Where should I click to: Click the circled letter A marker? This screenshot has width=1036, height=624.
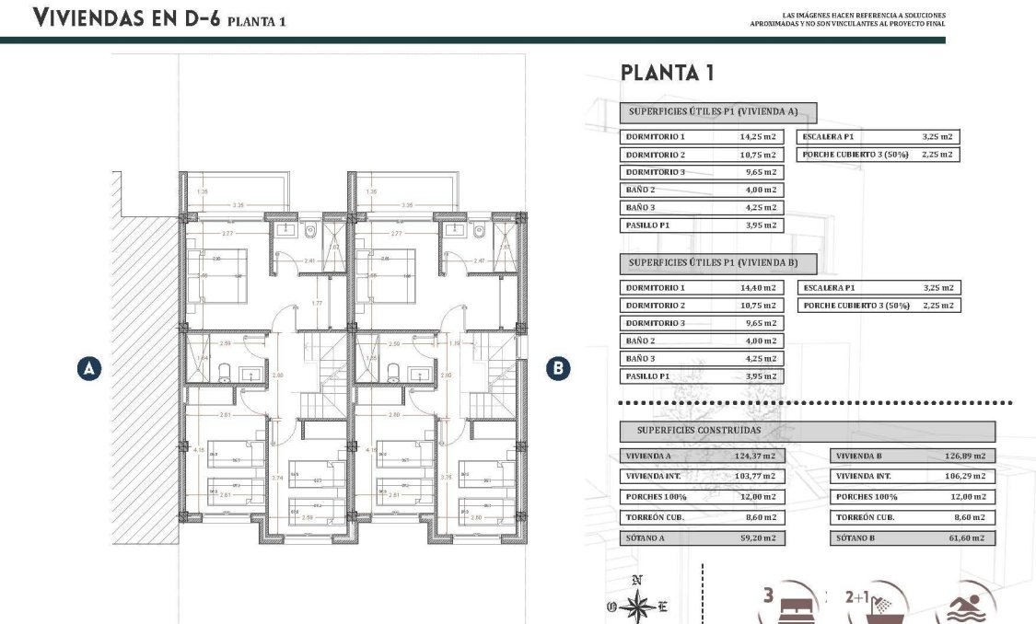[88, 369]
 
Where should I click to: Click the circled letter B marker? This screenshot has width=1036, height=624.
[557, 369]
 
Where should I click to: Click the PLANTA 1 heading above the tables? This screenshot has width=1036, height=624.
[668, 73]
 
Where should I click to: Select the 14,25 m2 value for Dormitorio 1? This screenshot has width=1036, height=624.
[758, 136]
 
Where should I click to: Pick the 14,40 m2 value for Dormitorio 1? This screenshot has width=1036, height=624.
[758, 288]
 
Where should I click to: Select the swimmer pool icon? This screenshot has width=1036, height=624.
[964, 607]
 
